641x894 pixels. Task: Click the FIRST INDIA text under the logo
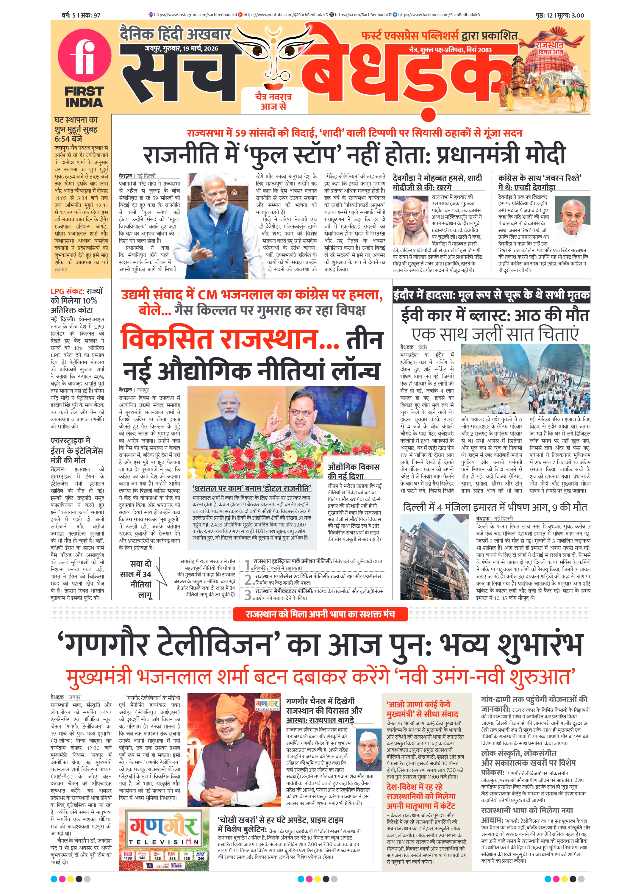point(84,97)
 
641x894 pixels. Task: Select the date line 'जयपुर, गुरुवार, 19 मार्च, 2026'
point(181,49)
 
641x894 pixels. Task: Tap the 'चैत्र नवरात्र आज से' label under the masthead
point(273,101)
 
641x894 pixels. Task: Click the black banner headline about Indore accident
point(491,295)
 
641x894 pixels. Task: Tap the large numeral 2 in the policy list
point(248,580)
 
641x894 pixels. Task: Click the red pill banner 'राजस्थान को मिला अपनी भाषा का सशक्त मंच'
point(320,614)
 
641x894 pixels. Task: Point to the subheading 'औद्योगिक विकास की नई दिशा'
point(353,471)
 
